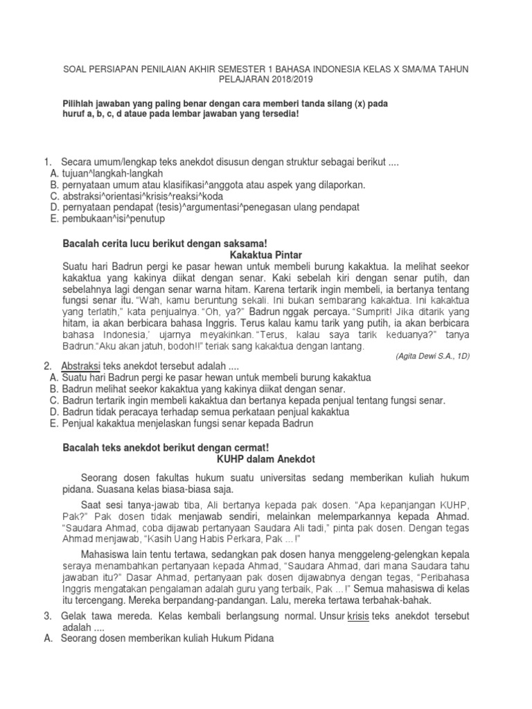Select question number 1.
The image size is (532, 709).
48,161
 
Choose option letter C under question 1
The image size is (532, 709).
55,196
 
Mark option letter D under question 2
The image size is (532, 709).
55,412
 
